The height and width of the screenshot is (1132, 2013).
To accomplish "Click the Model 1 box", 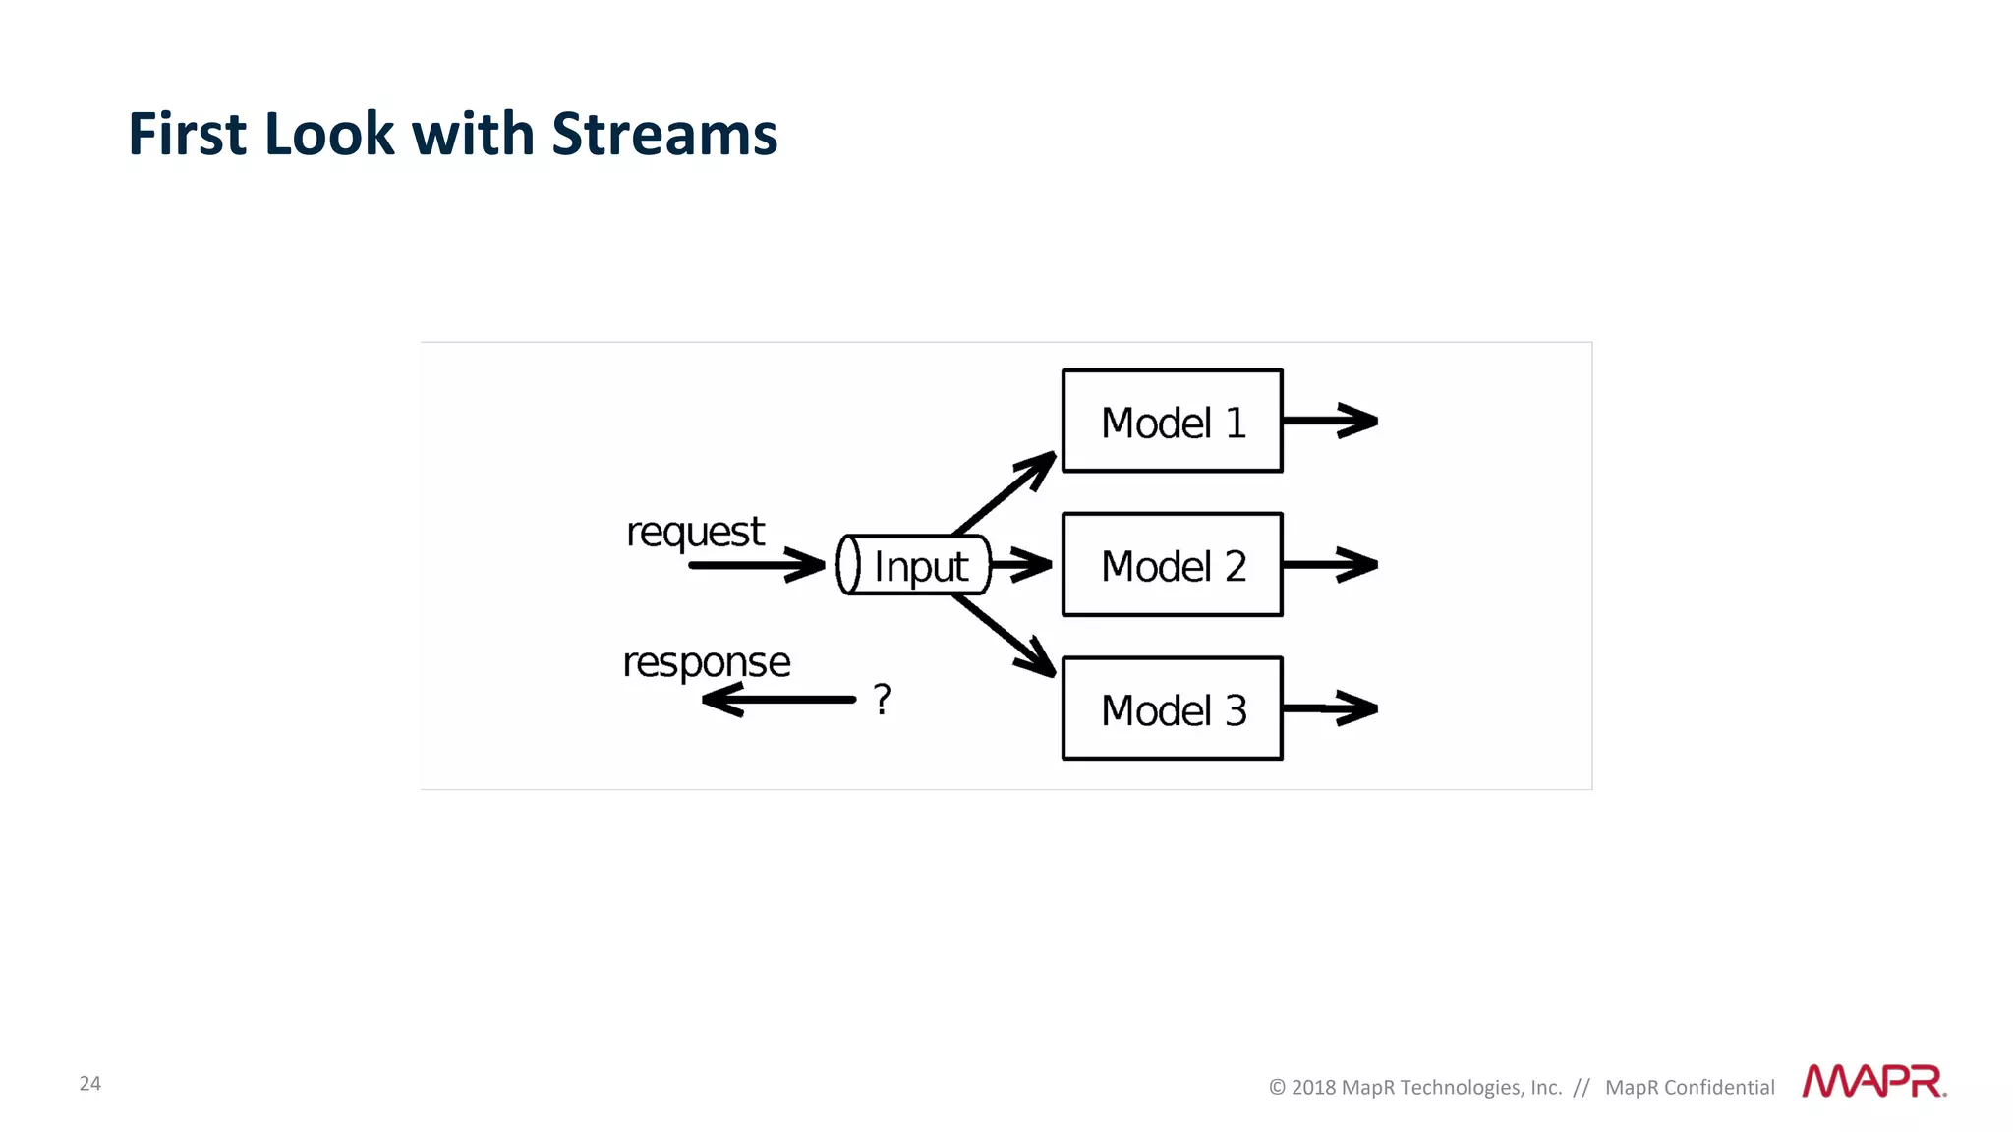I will (x=1172, y=422).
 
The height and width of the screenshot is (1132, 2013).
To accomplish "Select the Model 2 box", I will (x=1172, y=565).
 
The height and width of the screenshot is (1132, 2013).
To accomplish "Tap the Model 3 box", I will (x=1172, y=708).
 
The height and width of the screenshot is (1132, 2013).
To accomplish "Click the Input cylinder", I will (x=913, y=566).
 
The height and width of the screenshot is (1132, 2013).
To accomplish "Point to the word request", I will (x=695, y=533).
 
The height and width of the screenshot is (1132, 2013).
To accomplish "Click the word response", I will (x=706, y=662).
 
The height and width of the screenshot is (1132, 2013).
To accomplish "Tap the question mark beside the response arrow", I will (x=882, y=700).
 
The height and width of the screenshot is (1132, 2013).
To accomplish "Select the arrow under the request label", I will (x=755, y=565).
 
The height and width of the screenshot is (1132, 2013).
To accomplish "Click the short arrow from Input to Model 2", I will (x=1020, y=565).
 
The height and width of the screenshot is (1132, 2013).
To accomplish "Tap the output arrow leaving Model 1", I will (x=1329, y=421).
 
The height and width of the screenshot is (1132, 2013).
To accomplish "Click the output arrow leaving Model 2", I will (x=1329, y=565).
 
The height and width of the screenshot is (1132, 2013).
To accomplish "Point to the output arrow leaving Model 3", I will (x=1329, y=707).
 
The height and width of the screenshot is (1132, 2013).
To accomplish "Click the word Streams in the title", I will (x=664, y=134).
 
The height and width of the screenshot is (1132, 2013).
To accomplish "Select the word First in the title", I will (x=186, y=134).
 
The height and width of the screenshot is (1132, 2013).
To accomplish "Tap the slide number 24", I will (x=89, y=1083).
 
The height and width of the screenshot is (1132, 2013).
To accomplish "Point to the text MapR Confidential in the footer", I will (x=1690, y=1087).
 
